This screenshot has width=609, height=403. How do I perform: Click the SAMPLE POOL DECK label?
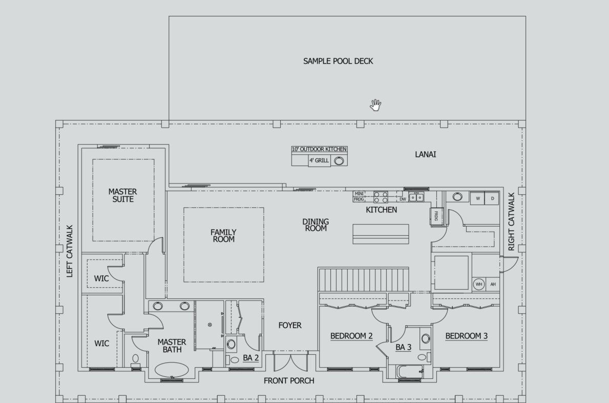(338, 61)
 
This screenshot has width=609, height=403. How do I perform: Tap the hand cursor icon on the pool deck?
(375, 105)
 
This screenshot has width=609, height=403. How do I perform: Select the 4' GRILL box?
(319, 160)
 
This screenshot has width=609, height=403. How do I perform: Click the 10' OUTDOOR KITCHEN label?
(319, 149)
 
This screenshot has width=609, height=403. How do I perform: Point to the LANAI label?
(425, 154)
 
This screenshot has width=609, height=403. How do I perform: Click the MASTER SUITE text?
(123, 195)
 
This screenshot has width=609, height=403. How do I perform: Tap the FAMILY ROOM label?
(223, 235)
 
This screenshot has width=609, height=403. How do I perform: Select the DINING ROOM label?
(316, 225)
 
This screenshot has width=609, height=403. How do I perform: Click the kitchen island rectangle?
(381, 234)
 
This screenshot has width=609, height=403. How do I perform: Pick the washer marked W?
(478, 198)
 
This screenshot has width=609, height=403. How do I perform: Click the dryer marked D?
(492, 198)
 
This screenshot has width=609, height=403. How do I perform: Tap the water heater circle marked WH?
(478, 284)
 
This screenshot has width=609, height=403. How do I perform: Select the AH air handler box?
(493, 284)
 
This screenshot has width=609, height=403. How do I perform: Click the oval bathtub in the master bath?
(172, 370)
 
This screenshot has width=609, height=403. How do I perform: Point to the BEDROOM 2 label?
(351, 336)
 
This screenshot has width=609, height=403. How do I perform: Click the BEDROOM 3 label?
(467, 336)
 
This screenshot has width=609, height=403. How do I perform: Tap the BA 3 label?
(404, 348)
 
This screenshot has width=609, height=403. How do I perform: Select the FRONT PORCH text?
(289, 381)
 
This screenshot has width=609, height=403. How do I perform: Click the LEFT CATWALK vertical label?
(70, 251)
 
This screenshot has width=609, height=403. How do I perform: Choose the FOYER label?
(290, 325)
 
